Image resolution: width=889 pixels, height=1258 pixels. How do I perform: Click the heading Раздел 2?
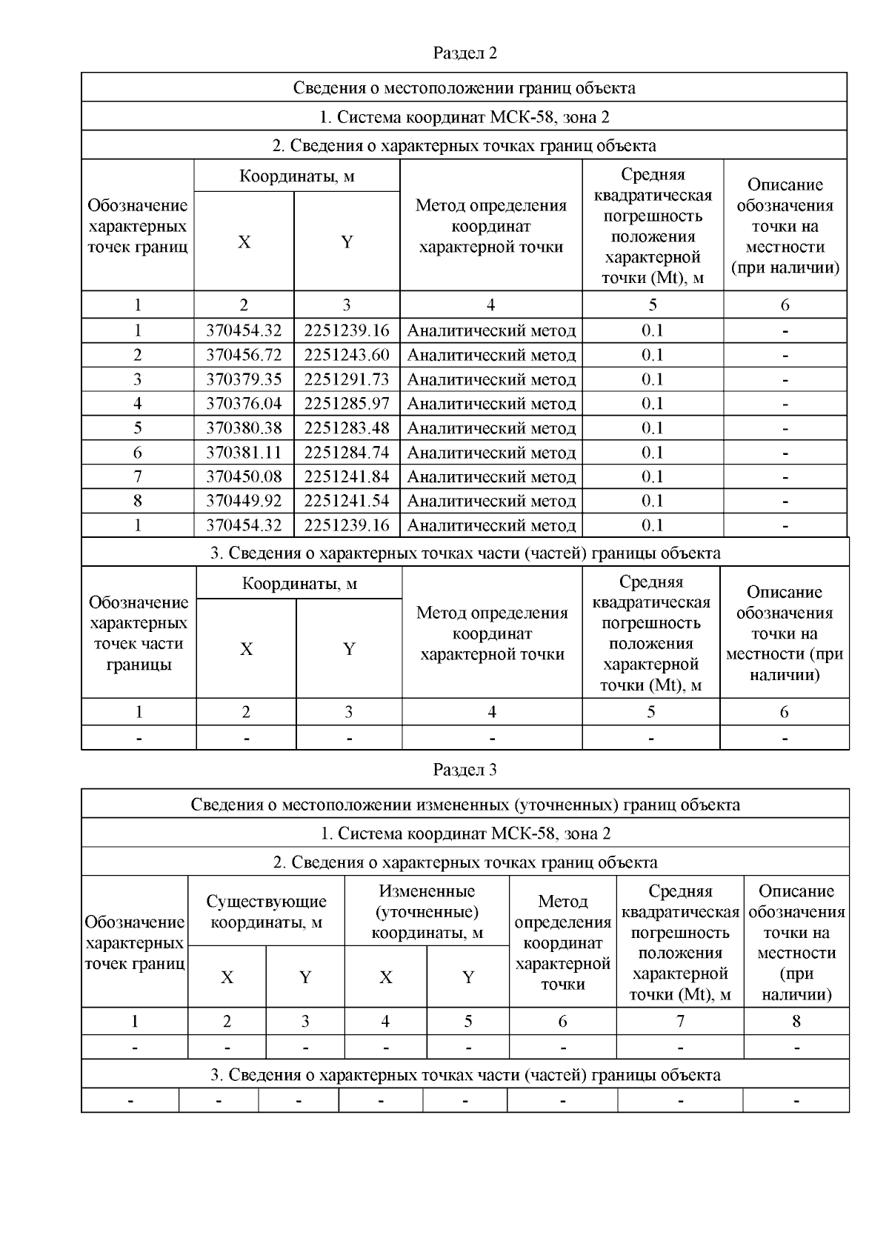[465, 53]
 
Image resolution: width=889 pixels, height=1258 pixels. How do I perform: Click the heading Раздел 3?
[465, 770]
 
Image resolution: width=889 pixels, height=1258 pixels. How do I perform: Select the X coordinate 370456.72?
[244, 355]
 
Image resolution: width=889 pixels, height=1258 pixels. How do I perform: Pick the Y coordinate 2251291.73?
[346, 379]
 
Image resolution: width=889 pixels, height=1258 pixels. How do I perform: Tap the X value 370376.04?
[244, 404]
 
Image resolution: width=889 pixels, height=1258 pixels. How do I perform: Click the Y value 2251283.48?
[346, 428]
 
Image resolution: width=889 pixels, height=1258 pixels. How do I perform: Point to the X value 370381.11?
[244, 453]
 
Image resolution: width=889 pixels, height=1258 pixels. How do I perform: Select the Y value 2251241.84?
[346, 476]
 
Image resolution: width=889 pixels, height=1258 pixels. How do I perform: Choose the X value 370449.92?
[244, 501]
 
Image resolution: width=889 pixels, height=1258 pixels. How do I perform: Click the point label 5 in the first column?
[138, 428]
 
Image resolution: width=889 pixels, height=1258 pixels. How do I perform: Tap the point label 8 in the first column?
[138, 501]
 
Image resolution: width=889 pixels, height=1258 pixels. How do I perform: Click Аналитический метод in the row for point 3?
[491, 379]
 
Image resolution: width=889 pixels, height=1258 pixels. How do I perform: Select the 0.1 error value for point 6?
[652, 453]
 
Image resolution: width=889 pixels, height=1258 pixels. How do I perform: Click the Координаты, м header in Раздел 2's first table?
[296, 176]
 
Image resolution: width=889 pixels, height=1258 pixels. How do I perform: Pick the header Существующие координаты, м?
[266, 911]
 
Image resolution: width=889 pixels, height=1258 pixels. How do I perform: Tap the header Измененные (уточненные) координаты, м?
[427, 911]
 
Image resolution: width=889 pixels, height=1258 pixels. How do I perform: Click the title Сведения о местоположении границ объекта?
[464, 88]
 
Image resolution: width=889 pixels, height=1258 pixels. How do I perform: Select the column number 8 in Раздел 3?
[796, 1022]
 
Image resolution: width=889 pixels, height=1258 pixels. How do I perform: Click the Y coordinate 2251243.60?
[346, 355]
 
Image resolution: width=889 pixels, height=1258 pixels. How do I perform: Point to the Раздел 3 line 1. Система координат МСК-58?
[465, 833]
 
